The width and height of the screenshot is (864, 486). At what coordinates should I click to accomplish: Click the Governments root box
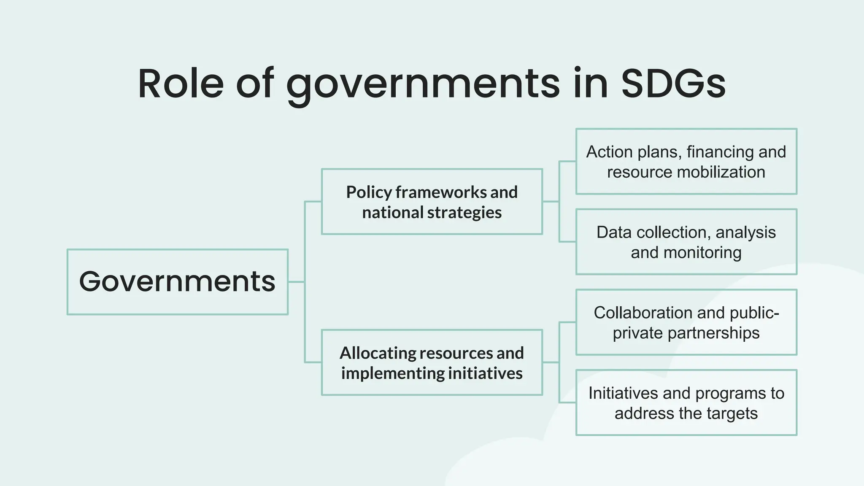pyautogui.click(x=177, y=282)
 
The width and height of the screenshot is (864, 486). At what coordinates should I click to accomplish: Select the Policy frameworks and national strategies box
pyautogui.click(x=432, y=202)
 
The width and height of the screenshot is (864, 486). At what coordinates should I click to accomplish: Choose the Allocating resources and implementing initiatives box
pyautogui.click(x=432, y=362)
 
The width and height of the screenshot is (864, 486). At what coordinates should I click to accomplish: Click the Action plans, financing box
pyautogui.click(x=686, y=162)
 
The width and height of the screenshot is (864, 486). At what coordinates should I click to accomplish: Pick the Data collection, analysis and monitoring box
pyautogui.click(x=686, y=242)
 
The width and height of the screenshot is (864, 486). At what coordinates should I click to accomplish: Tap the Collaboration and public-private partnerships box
pyautogui.click(x=686, y=322)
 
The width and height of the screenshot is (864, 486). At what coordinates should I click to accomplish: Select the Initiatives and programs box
pyautogui.click(x=686, y=403)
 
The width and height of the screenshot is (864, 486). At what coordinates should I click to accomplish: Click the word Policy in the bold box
pyautogui.click(x=369, y=192)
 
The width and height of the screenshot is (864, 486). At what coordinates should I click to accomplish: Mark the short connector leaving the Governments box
pyautogui.click(x=296, y=282)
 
